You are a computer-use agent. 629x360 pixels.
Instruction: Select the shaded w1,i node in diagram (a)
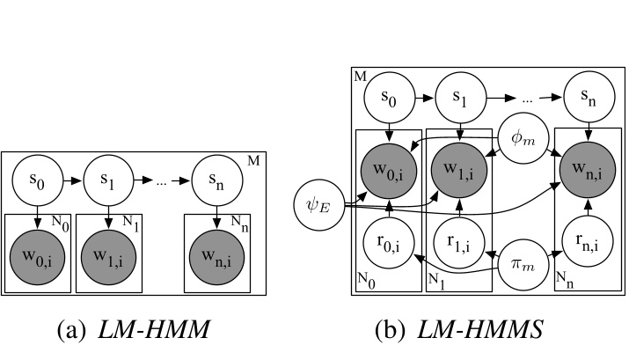108,255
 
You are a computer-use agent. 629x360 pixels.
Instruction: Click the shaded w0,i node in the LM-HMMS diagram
388,163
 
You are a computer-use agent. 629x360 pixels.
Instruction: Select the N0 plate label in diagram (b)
365,281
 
